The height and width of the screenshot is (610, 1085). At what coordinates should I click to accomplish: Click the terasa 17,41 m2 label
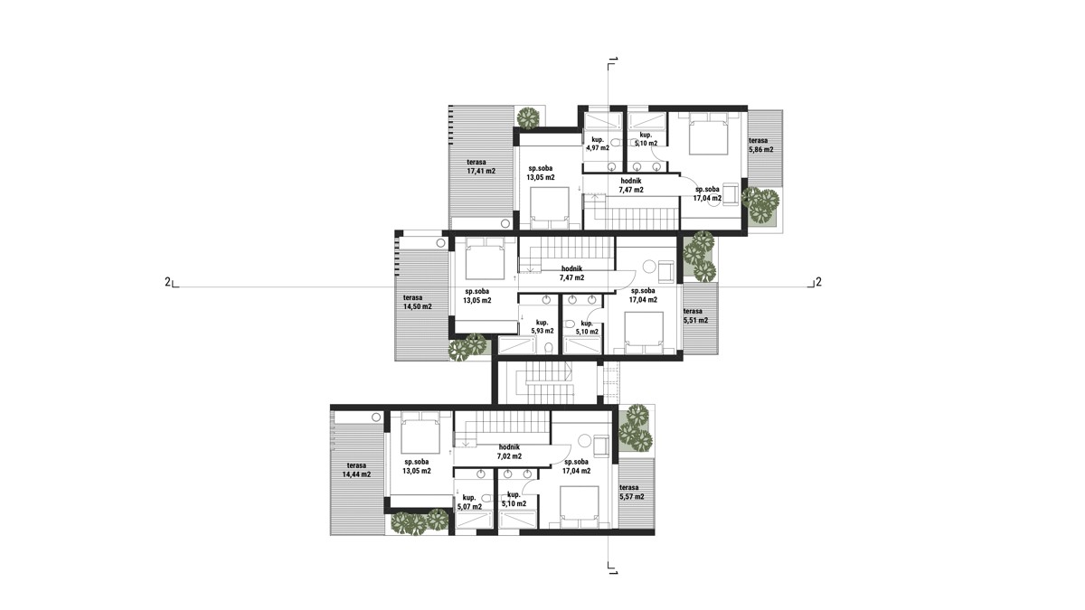pyautogui.click(x=481, y=166)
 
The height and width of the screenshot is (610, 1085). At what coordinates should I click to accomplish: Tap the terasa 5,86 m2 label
pyautogui.click(x=761, y=145)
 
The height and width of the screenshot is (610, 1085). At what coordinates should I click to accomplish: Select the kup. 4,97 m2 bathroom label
pyautogui.click(x=598, y=144)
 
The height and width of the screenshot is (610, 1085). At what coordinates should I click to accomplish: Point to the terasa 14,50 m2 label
pyautogui.click(x=417, y=302)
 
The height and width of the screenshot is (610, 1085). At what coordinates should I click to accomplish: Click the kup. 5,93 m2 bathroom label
pyautogui.click(x=542, y=327)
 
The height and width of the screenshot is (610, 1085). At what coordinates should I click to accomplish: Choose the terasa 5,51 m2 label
pyautogui.click(x=695, y=315)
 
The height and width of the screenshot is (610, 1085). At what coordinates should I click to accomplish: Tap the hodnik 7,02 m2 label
pyautogui.click(x=509, y=452)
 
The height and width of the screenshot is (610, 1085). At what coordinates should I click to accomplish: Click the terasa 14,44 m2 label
pyautogui.click(x=356, y=470)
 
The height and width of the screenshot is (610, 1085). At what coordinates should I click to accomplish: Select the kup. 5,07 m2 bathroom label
pyautogui.click(x=469, y=502)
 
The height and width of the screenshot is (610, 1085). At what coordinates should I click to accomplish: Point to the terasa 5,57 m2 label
pyautogui.click(x=632, y=492)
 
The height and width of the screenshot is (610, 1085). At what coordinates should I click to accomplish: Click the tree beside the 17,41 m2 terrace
pyautogui.click(x=527, y=117)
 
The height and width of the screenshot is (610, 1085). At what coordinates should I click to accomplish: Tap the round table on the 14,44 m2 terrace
pyautogui.click(x=376, y=417)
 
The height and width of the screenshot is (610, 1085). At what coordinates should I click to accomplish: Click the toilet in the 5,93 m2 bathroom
pyautogui.click(x=549, y=348)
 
